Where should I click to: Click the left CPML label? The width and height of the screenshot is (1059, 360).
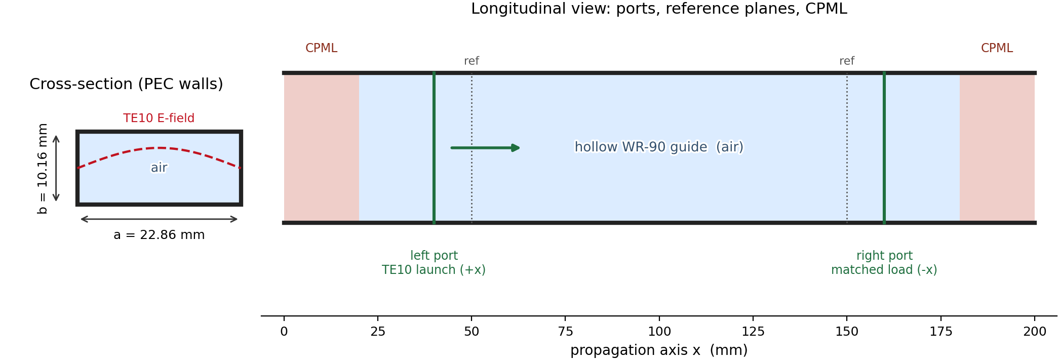321,48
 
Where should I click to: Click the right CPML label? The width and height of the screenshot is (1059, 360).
997,48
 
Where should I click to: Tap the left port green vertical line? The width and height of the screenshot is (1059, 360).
434,148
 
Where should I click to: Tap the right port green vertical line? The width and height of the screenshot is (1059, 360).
884,148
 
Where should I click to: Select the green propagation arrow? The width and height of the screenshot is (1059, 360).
485,148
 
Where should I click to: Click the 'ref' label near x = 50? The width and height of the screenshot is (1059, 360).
472,61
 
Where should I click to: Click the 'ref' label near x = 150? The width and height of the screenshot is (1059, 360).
847,61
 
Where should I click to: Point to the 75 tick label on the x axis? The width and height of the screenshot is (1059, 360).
565,332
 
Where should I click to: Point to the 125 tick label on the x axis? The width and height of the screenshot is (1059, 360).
753,332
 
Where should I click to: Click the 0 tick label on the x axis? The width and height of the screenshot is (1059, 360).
284,332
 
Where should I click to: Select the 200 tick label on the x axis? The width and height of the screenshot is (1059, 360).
1035,332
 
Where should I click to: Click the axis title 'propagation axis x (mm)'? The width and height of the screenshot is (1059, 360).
659,350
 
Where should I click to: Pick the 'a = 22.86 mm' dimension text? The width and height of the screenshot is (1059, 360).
159,235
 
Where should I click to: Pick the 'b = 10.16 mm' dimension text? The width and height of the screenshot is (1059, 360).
43,169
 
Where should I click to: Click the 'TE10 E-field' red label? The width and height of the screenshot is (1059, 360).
159,118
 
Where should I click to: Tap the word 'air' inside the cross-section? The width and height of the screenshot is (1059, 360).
159,168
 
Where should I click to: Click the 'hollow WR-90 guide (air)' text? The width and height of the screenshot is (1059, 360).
659,147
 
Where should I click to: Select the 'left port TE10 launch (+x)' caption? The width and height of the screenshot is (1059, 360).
434,263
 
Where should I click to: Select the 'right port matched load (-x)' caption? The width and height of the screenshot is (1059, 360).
884,263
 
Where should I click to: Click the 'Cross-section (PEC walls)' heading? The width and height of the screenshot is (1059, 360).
126,84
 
